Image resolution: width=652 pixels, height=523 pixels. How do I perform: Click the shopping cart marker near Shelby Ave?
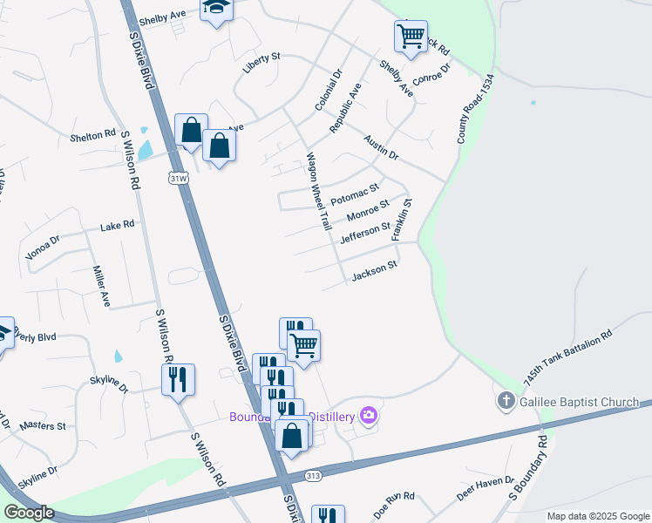411,37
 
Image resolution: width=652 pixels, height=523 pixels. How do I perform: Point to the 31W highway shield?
179,177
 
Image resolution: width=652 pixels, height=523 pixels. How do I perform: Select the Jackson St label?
374,271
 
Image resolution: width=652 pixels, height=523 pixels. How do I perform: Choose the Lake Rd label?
117,225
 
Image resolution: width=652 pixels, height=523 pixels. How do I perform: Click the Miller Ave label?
101,288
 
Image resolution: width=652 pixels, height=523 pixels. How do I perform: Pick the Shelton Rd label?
93,135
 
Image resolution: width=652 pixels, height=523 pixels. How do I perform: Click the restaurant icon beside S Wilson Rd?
178,380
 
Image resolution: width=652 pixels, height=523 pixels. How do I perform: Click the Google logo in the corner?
28,512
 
